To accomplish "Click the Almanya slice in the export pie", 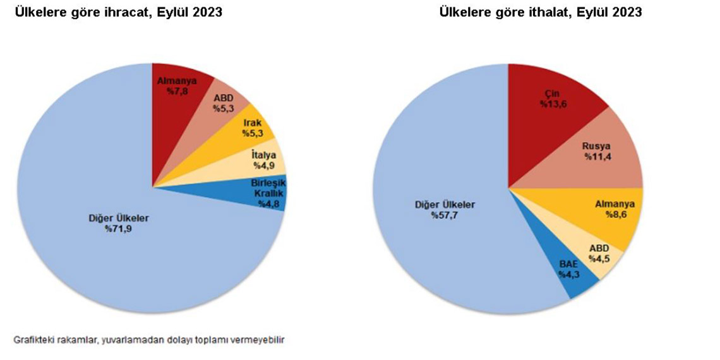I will coord(174,95).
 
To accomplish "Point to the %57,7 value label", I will coord(445,215).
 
